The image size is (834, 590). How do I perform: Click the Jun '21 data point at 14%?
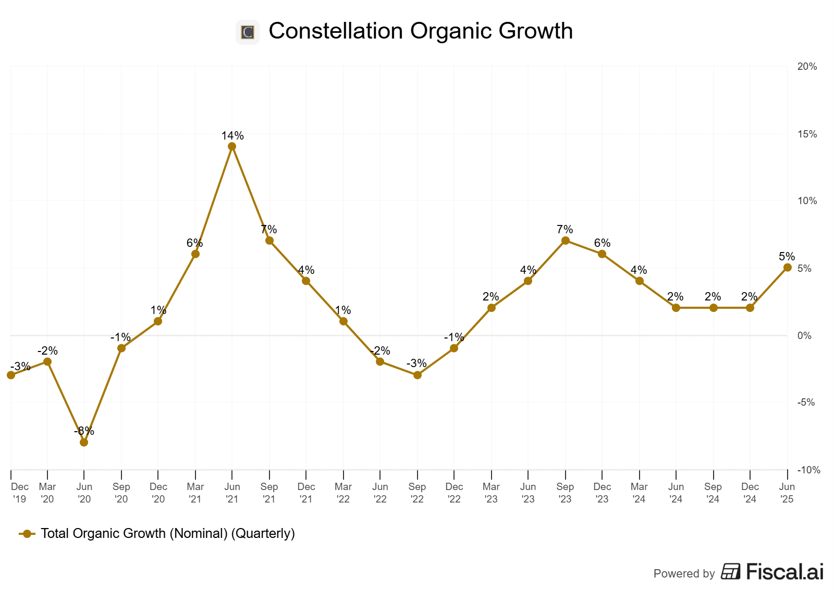tap(232, 146)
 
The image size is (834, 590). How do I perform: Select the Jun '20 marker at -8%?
tap(84, 442)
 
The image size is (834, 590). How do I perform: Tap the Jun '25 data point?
tap(787, 268)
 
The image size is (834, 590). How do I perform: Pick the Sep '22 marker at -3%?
tap(417, 375)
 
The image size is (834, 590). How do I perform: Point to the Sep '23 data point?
tap(565, 241)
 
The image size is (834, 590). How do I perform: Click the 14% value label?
tap(232, 136)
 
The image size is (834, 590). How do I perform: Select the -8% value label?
tap(84, 431)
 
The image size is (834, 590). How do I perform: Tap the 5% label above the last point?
tap(787, 257)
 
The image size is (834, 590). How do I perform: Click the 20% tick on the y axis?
tap(807, 67)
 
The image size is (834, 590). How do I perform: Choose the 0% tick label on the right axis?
tap(804, 336)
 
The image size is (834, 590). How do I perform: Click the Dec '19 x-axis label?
tap(19, 493)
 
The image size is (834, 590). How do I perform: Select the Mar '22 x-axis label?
tap(343, 493)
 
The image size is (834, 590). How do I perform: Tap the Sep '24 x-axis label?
tap(713, 493)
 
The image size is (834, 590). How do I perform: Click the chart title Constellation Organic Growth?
tap(421, 31)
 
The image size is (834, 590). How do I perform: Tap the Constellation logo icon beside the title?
tap(248, 32)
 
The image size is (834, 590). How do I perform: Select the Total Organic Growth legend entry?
tap(167, 534)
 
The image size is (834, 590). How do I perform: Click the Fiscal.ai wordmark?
tap(784, 572)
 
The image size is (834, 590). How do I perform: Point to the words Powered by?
tap(684, 574)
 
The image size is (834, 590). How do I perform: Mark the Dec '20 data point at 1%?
tap(158, 321)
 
